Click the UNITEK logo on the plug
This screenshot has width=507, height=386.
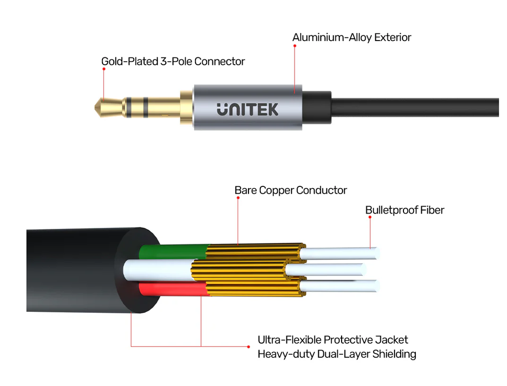tap(248, 109)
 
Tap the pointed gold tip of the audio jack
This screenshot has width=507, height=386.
tap(96, 107)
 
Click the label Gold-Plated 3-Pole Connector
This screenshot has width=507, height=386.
tap(173, 61)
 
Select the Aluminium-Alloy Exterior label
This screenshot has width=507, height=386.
tap(352, 38)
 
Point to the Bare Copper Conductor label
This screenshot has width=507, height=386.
tap(291, 190)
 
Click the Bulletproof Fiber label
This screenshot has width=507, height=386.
tap(405, 210)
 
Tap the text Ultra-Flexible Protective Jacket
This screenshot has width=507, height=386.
tap(333, 340)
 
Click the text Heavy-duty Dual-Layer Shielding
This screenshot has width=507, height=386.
tap(337, 354)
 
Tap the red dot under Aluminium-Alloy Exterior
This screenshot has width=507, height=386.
tap(295, 46)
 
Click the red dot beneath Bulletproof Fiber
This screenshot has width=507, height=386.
tap(370, 217)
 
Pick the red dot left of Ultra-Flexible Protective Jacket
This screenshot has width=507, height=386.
tap(249, 346)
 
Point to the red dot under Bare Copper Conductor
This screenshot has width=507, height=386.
tap(238, 198)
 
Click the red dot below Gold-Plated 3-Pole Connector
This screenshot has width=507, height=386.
tap(104, 69)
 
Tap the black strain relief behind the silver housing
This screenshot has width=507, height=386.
tap(317, 107)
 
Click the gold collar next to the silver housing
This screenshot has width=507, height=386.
tap(187, 107)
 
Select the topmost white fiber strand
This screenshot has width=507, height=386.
tap(339, 254)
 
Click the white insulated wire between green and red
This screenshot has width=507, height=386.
tap(158, 270)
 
